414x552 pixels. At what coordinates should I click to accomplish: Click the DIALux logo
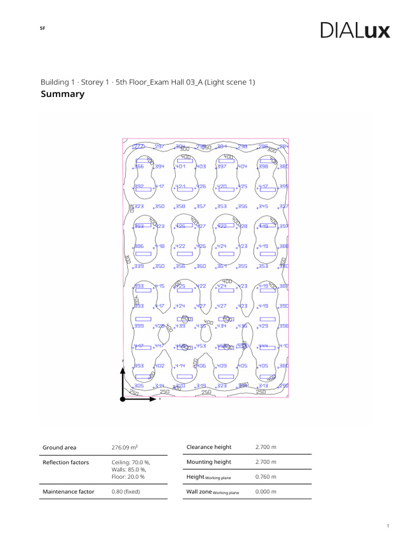(355, 30)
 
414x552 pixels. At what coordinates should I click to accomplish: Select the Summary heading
(63, 94)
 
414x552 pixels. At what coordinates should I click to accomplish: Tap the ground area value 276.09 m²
(125, 447)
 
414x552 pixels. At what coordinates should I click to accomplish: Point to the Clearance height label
(209, 447)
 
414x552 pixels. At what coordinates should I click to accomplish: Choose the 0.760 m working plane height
(266, 477)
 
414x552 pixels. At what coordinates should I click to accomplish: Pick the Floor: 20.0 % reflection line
(128, 477)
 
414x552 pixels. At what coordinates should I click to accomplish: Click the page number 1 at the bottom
(388, 526)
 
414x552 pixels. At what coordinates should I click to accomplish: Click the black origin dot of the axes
(123, 399)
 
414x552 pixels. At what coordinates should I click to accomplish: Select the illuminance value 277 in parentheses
(139, 147)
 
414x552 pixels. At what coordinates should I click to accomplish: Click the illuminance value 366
(139, 167)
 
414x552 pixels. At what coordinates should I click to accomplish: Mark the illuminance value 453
(201, 346)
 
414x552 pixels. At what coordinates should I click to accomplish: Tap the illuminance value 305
(139, 386)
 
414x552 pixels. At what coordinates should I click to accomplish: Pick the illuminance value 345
(264, 206)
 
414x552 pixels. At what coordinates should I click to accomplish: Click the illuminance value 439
(180, 326)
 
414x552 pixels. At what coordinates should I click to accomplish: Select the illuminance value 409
(222, 366)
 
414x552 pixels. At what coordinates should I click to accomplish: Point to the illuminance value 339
(139, 266)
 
